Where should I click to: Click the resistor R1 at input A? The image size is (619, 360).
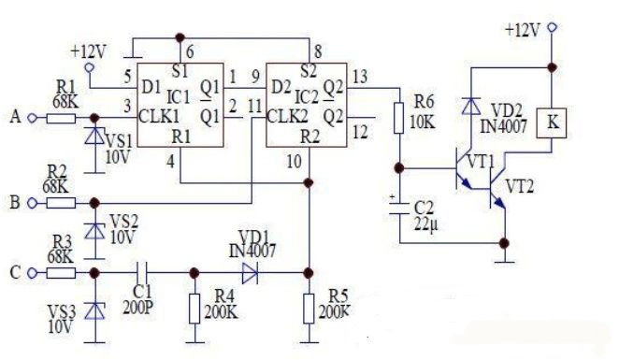click(x=62, y=118)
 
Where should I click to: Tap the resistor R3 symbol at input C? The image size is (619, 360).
click(x=62, y=272)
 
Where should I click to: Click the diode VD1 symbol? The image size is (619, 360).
click(x=250, y=272)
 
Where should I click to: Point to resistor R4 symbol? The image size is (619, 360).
click(x=194, y=307)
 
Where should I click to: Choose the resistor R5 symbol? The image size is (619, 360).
click(x=309, y=307)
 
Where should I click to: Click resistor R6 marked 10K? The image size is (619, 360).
click(x=400, y=119)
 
